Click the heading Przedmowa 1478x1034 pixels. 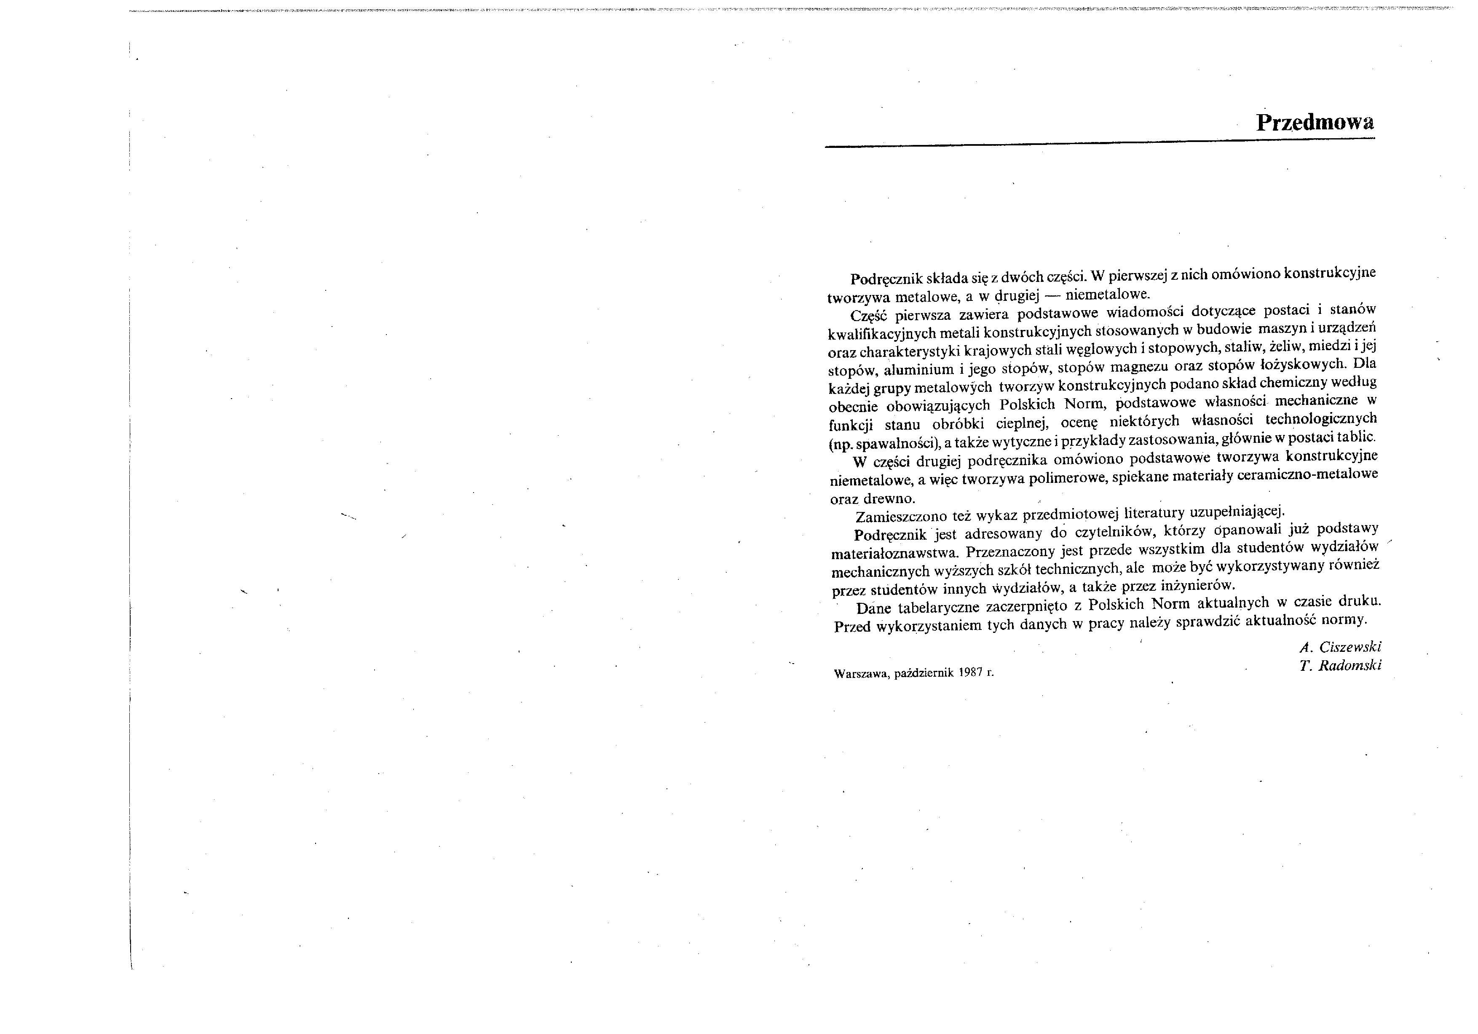[1315, 122]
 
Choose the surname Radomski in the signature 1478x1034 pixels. [1349, 666]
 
